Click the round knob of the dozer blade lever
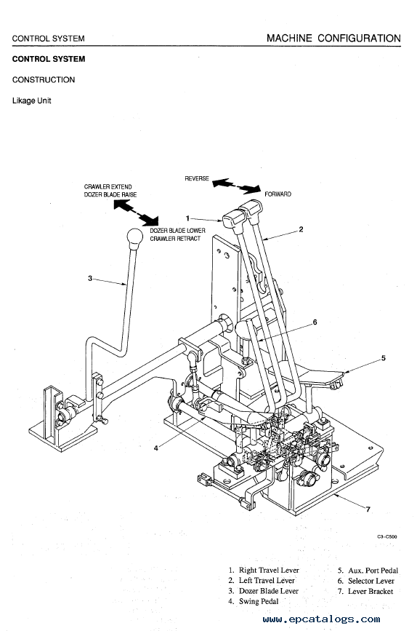coord(135,237)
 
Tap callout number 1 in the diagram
coord(187,218)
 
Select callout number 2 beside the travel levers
coord(301,230)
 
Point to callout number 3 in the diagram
coord(90,278)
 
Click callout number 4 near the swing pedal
coord(156,448)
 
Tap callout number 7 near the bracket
coord(368,509)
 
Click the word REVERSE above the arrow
coord(197,178)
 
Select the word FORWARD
coord(278,194)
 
